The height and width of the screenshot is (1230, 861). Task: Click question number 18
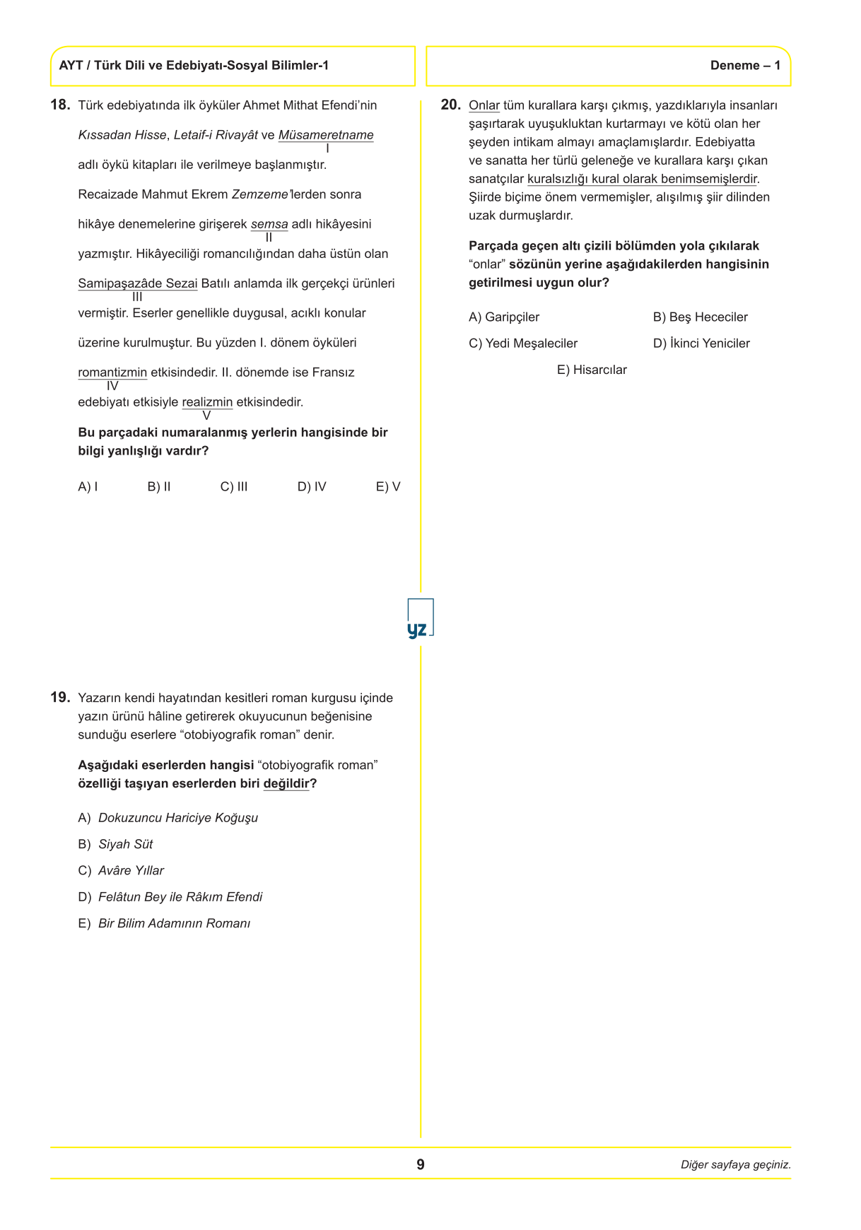point(60,105)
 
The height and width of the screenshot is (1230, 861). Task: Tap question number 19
point(60,697)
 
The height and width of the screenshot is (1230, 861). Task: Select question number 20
point(450,105)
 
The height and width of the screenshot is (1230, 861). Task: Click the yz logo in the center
point(420,620)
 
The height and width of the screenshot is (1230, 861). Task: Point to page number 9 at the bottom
point(421,1164)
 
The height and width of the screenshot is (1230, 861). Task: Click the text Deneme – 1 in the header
point(745,66)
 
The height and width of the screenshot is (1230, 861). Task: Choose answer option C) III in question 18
point(234,486)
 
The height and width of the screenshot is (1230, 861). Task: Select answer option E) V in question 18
point(388,486)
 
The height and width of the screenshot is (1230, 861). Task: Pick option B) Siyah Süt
point(116,844)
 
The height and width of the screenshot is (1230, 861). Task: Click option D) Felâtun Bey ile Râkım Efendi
point(170,897)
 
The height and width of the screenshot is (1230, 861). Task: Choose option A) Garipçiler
point(504,317)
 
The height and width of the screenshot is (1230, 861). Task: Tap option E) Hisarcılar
point(592,370)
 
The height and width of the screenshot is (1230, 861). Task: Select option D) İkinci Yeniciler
point(701,344)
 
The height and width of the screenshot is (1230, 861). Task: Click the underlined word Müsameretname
point(326,135)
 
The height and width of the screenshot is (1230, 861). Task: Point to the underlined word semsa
point(269,224)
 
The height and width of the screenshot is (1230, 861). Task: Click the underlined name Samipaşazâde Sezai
point(137,283)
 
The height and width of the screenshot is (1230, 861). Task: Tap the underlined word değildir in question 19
point(286,783)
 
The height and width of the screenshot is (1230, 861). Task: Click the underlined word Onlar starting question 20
point(484,105)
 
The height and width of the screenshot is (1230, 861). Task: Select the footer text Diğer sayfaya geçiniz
point(735,1165)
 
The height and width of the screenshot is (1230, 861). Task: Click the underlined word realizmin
point(207,402)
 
